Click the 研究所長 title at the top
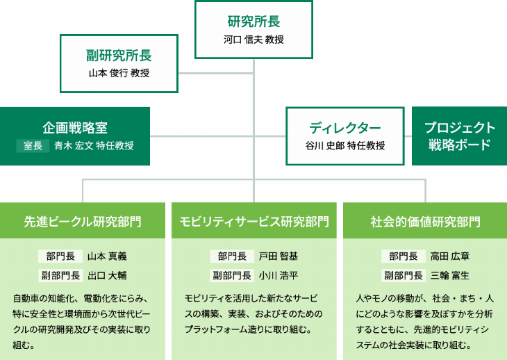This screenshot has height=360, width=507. pos(253,22)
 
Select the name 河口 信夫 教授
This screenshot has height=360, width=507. pos(253,40)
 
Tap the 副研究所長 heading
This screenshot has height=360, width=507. pos(119,56)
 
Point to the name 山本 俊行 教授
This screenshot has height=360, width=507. pos(119,74)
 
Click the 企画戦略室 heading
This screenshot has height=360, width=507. pos(74,127)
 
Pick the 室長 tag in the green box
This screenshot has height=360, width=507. pos(33,145)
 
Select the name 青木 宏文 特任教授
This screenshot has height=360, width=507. pos(94,145)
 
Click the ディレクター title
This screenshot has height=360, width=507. pos(345,127)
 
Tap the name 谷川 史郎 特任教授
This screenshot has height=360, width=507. pos(345,145)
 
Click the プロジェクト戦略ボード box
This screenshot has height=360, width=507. pos(459,136)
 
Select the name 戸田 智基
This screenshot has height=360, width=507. pos(279,256)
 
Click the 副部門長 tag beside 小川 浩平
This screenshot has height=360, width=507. pos(232,275)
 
